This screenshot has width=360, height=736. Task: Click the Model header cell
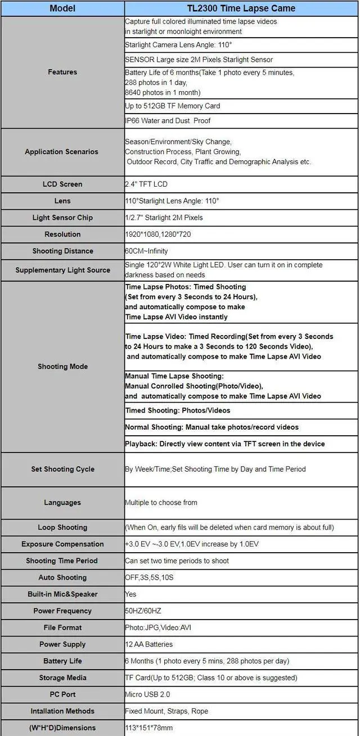click(62, 8)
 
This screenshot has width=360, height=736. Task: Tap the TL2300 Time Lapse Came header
click(241, 8)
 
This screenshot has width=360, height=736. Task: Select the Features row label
click(62, 72)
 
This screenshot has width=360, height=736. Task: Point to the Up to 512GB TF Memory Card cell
click(172, 106)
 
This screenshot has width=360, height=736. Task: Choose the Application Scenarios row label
click(61, 152)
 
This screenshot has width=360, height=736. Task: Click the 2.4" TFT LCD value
click(146, 184)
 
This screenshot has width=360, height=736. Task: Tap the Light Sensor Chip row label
click(62, 218)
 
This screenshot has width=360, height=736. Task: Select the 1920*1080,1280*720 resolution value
click(159, 234)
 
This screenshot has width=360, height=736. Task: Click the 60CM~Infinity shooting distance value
click(146, 251)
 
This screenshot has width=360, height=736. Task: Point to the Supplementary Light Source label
click(62, 270)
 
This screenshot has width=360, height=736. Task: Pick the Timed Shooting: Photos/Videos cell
click(178, 410)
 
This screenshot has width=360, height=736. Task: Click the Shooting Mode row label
click(62, 367)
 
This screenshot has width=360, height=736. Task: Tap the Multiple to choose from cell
click(161, 503)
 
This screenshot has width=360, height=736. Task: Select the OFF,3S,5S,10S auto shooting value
click(148, 577)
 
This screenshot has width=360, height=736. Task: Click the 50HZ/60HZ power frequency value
click(144, 611)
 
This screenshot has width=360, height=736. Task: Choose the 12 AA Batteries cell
click(148, 644)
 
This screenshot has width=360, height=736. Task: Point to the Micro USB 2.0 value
click(147, 694)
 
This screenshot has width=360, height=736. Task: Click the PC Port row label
click(62, 694)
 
